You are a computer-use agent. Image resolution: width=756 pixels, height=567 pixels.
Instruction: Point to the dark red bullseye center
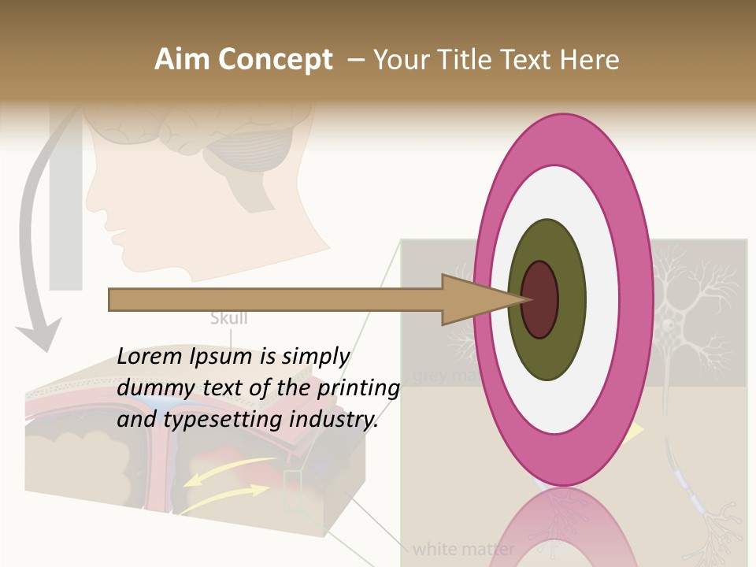point(540,300)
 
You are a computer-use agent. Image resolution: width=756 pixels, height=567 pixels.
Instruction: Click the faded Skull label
point(229,319)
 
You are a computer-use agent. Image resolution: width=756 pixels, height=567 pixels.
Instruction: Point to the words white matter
point(464,548)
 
